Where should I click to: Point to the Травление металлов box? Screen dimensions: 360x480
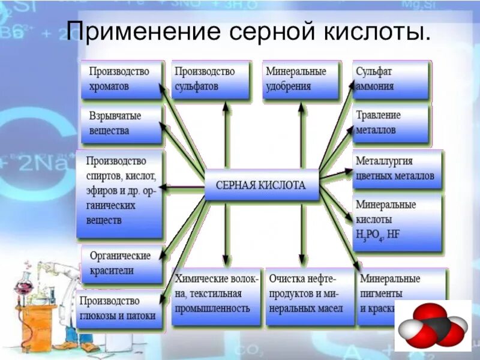[391, 123]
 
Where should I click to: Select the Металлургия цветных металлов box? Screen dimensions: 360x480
[397, 169]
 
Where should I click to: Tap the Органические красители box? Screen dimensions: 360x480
[122, 263]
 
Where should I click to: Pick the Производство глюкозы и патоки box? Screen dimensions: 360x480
[120, 308]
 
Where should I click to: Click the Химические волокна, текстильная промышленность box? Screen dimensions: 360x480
[217, 296]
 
